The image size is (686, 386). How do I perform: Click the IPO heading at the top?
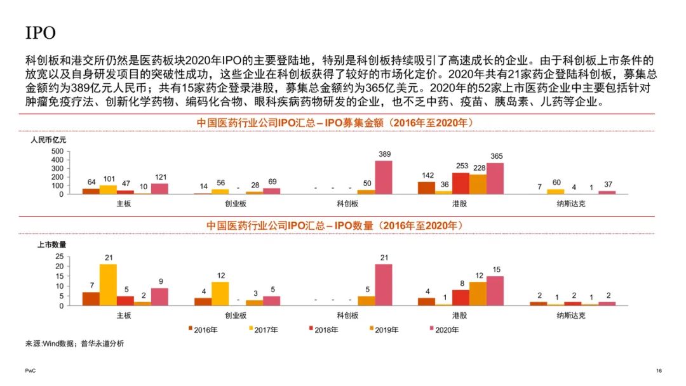(x=41, y=32)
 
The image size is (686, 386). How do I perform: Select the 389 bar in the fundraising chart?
(x=383, y=177)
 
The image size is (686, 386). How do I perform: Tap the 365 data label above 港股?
(x=495, y=156)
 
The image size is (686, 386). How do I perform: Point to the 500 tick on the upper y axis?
(x=57, y=152)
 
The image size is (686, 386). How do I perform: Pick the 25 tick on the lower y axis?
(x=59, y=256)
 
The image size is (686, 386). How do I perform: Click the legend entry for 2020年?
(x=444, y=329)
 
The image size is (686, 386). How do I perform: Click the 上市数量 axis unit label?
(x=51, y=244)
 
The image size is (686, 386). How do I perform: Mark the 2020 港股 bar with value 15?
(x=495, y=291)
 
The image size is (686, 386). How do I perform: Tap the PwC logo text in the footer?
(x=30, y=370)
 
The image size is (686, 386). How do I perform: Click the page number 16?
(x=658, y=370)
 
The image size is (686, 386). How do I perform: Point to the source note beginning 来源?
(x=74, y=343)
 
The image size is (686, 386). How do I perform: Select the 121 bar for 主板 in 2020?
(x=159, y=189)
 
